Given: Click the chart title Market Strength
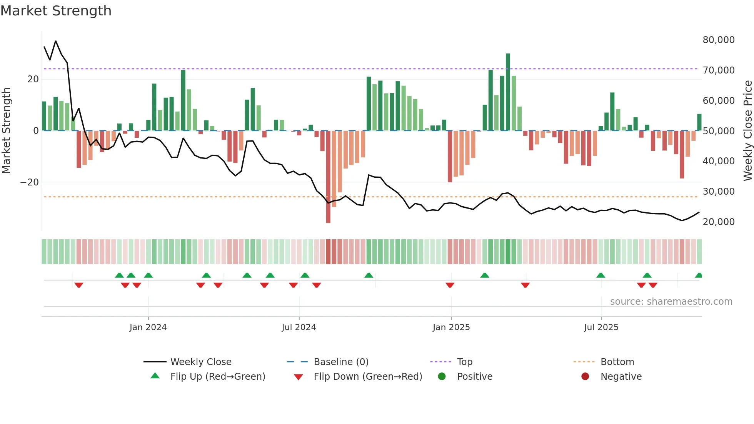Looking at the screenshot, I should point(56,11).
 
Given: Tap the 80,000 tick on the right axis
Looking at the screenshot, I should point(718,40).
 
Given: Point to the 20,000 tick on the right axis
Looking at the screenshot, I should point(718,222).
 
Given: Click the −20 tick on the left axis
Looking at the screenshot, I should point(30,182).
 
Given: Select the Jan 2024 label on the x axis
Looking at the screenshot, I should point(148,327).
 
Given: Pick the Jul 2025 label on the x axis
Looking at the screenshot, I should point(601,327).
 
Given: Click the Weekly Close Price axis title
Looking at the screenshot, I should point(747,130).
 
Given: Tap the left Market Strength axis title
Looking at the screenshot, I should point(6,130).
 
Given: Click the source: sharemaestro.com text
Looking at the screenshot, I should point(671,302).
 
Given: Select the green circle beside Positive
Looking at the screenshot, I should point(442,377).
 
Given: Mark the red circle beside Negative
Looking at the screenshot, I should point(585,377).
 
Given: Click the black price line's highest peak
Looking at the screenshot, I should point(56,41).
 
